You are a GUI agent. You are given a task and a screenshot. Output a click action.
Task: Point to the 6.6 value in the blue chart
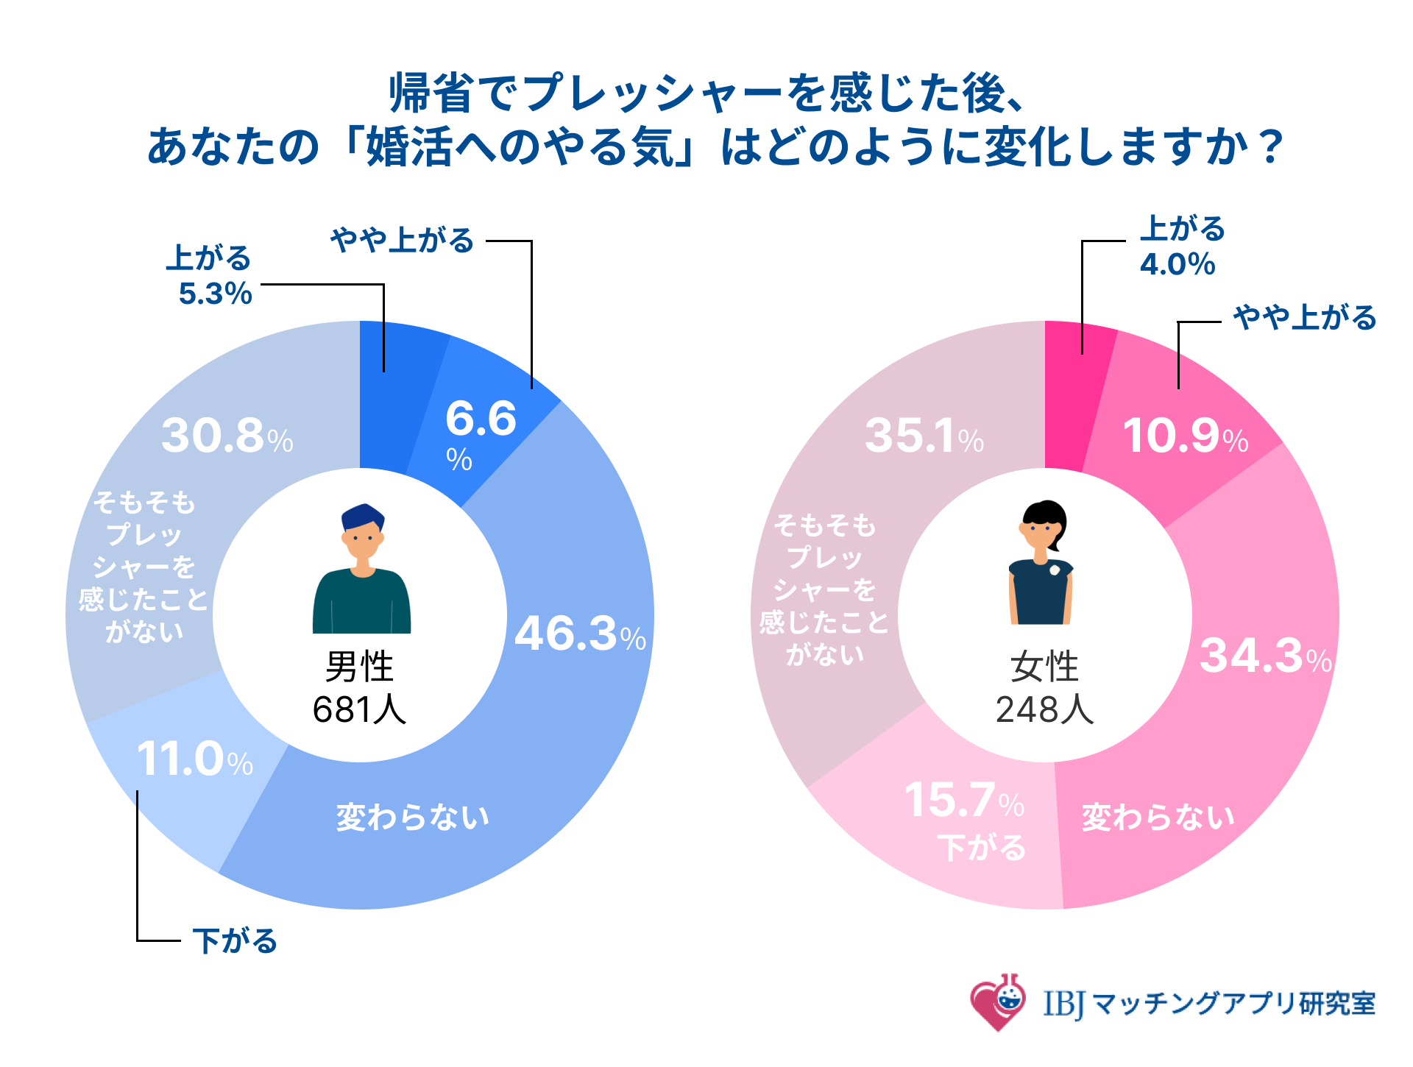tap(481, 419)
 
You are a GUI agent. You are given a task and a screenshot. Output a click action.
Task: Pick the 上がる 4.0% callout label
tap(1181, 247)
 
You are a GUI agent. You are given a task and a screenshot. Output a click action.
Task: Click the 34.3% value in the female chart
tap(1265, 656)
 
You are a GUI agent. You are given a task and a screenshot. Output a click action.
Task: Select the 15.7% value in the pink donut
tap(963, 801)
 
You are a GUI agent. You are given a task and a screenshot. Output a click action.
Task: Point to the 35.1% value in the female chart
tap(924, 436)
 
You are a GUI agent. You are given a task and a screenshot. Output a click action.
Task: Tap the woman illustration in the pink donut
tap(1041, 563)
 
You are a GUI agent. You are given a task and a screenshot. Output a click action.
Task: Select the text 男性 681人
tap(360, 688)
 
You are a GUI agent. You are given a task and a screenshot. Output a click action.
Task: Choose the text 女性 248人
tap(1044, 688)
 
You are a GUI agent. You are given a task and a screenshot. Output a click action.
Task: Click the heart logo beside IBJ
tap(997, 1002)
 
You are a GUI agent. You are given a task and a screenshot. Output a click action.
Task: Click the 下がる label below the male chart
tap(235, 941)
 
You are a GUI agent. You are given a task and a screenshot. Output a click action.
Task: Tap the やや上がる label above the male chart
tap(402, 241)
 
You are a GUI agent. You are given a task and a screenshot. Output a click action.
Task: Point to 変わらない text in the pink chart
tap(1158, 817)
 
